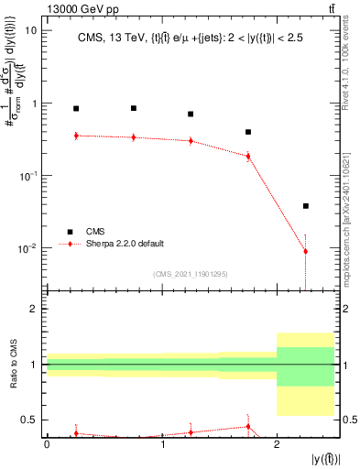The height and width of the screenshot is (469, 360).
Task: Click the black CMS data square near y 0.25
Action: (x=76, y=109)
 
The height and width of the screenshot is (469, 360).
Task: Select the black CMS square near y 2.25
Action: (x=305, y=206)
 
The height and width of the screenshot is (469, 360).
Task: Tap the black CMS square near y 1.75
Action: (x=248, y=132)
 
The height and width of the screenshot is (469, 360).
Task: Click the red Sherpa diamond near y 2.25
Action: (x=305, y=251)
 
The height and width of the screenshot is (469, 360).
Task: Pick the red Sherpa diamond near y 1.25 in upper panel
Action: (x=191, y=141)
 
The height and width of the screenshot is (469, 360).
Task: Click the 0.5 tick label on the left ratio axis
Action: (x=30, y=420)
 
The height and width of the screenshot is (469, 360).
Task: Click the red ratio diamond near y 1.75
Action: (x=248, y=426)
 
